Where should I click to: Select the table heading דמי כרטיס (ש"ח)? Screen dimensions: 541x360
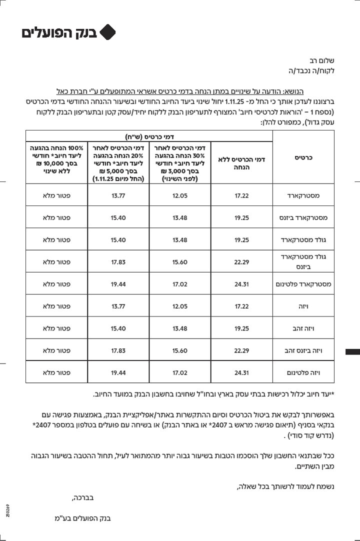(x=149, y=135)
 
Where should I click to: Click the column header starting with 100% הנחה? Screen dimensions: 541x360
(x=56, y=159)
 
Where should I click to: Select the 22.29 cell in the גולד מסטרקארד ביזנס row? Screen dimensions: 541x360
(x=242, y=261)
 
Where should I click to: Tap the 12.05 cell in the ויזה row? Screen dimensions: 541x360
(x=180, y=306)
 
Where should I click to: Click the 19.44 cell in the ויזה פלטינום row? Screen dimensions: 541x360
(x=118, y=372)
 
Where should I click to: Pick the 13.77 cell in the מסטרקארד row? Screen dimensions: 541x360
(x=118, y=195)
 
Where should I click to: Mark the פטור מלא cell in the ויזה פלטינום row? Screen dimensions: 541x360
(x=56, y=372)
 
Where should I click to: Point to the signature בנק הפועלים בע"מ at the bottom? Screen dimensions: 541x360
(x=82, y=518)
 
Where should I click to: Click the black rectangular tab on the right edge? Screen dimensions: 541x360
(x=352, y=352)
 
